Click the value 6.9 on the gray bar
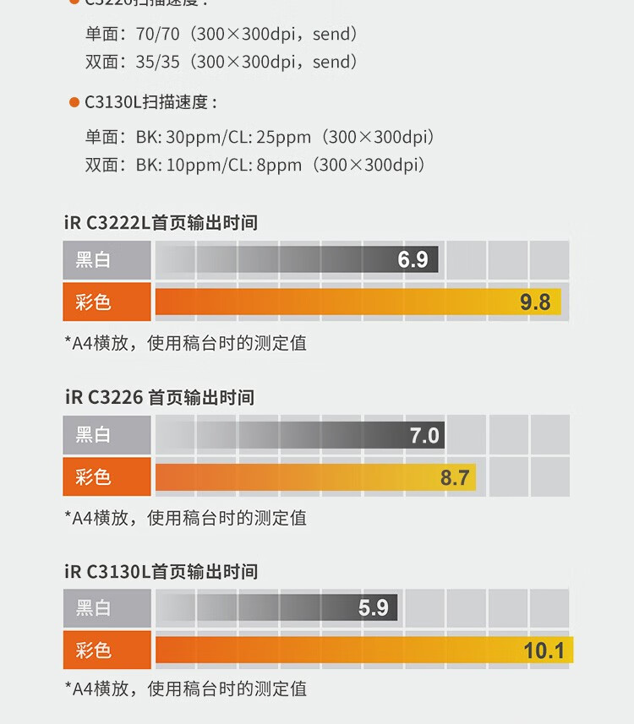click(413, 259)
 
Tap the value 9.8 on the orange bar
click(535, 302)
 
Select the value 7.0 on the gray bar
click(424, 435)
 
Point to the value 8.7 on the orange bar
click(455, 477)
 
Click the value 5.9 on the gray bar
click(373, 607)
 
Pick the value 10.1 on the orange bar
click(544, 651)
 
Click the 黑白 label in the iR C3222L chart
click(93, 260)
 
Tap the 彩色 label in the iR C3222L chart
click(93, 302)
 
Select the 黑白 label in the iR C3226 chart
click(93, 435)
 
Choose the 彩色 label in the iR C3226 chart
click(93, 477)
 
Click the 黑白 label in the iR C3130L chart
click(93, 607)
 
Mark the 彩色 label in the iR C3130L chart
click(93, 651)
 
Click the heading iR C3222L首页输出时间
click(161, 223)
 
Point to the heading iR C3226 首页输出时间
click(159, 397)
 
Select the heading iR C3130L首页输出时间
click(161, 572)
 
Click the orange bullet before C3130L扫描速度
click(74, 103)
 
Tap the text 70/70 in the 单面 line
click(159, 35)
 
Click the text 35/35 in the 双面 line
click(159, 62)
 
